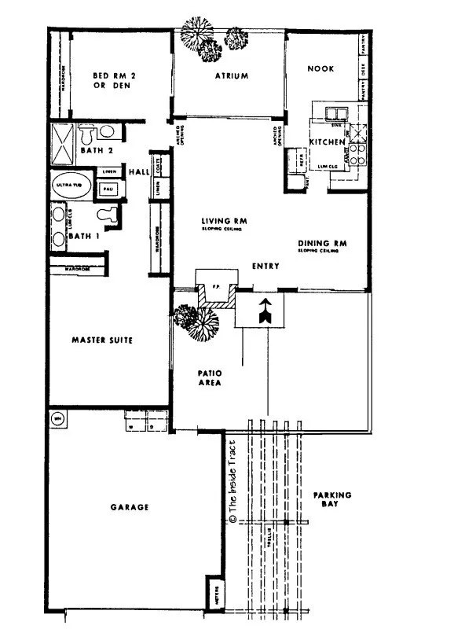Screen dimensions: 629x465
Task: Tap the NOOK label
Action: [x=320, y=69]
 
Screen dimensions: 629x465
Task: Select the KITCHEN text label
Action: [x=327, y=142]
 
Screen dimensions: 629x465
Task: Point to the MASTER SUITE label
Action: [x=101, y=340]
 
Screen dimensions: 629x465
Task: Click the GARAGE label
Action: [x=130, y=508]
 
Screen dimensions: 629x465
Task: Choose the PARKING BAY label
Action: [x=332, y=500]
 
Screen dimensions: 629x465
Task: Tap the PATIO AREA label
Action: [x=208, y=377]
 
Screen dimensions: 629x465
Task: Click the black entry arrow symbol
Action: [x=266, y=312]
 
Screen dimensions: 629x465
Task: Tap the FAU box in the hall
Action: [x=107, y=189]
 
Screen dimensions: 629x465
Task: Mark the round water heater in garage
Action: [x=57, y=418]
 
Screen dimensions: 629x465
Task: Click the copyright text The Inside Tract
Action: [x=233, y=487]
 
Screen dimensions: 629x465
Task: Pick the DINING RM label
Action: [x=322, y=244]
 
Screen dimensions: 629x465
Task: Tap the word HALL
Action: [x=139, y=171]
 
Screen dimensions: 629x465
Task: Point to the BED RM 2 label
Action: [x=115, y=79]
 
